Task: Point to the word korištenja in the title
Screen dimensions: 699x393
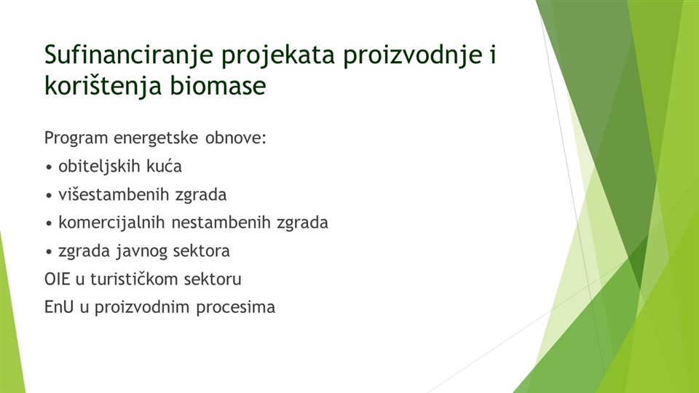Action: coord(103,86)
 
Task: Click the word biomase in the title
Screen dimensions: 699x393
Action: coord(218,85)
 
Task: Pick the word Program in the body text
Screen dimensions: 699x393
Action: coord(76,138)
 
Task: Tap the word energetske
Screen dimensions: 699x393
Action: coord(156,138)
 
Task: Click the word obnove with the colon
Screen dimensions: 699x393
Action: coord(235,138)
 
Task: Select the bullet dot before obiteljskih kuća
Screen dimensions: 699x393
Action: coord(49,168)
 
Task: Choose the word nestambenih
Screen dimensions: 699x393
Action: coord(221,223)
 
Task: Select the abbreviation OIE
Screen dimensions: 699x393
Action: coord(57,279)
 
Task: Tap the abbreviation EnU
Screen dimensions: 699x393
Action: coord(59,307)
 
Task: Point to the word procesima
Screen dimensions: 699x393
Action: coord(235,308)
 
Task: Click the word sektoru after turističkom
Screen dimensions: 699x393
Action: coord(213,279)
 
